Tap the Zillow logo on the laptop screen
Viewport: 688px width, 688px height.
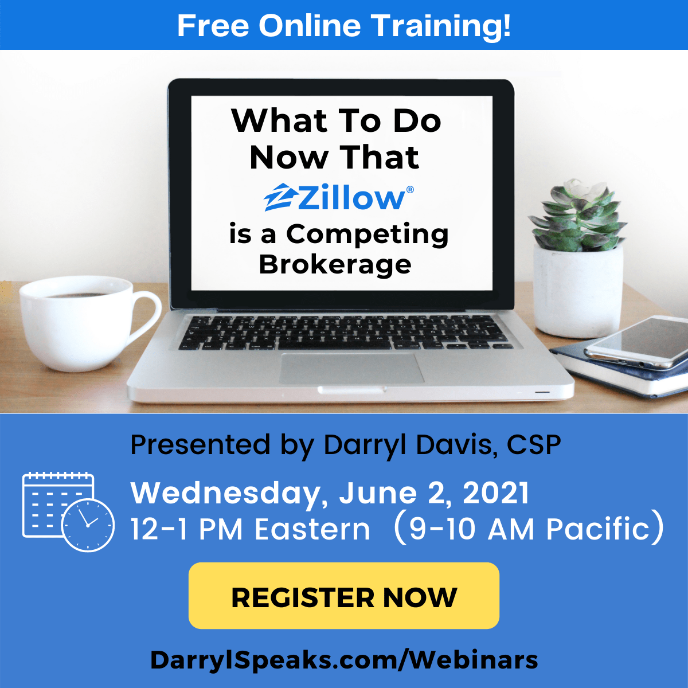pos(338,197)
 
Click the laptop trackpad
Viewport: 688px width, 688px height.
pos(351,369)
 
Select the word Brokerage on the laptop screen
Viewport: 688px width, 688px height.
pos(335,264)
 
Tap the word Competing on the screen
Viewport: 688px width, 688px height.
pos(368,234)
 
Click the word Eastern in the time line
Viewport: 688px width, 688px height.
pos(312,529)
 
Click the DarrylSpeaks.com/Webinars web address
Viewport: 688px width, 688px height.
pos(344,660)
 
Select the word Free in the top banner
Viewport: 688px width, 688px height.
pos(213,26)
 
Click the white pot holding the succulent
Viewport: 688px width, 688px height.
pos(578,291)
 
